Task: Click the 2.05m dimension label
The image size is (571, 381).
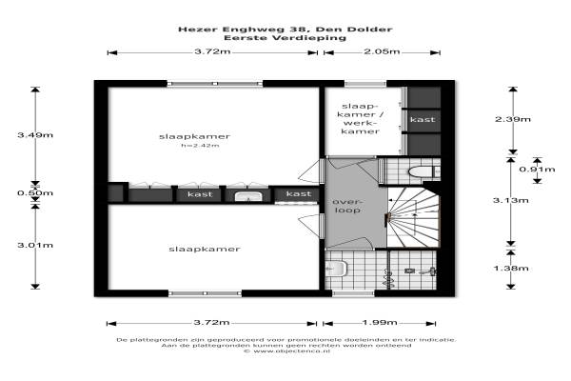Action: [382, 51]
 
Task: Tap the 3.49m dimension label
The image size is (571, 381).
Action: [35, 135]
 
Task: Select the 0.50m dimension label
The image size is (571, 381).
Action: [35, 192]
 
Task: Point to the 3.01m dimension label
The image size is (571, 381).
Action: [35, 245]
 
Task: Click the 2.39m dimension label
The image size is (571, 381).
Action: [513, 119]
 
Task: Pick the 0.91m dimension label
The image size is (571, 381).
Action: [537, 170]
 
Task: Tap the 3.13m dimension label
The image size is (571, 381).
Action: [510, 200]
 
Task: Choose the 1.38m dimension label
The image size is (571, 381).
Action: [510, 269]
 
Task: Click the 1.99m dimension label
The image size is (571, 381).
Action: [380, 322]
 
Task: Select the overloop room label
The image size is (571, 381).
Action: [347, 206]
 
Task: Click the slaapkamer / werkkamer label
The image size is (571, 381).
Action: [360, 119]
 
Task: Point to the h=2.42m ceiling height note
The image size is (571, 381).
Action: [200, 146]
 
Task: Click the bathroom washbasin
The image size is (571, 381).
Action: [336, 269]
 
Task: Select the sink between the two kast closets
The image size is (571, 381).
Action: [248, 196]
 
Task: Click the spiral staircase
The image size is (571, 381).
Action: [413, 218]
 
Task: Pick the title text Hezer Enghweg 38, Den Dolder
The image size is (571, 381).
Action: [285, 30]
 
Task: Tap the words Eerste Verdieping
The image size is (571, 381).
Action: [285, 37]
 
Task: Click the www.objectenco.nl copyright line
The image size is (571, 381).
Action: [287, 351]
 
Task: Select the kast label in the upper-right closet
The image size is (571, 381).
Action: [423, 120]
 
